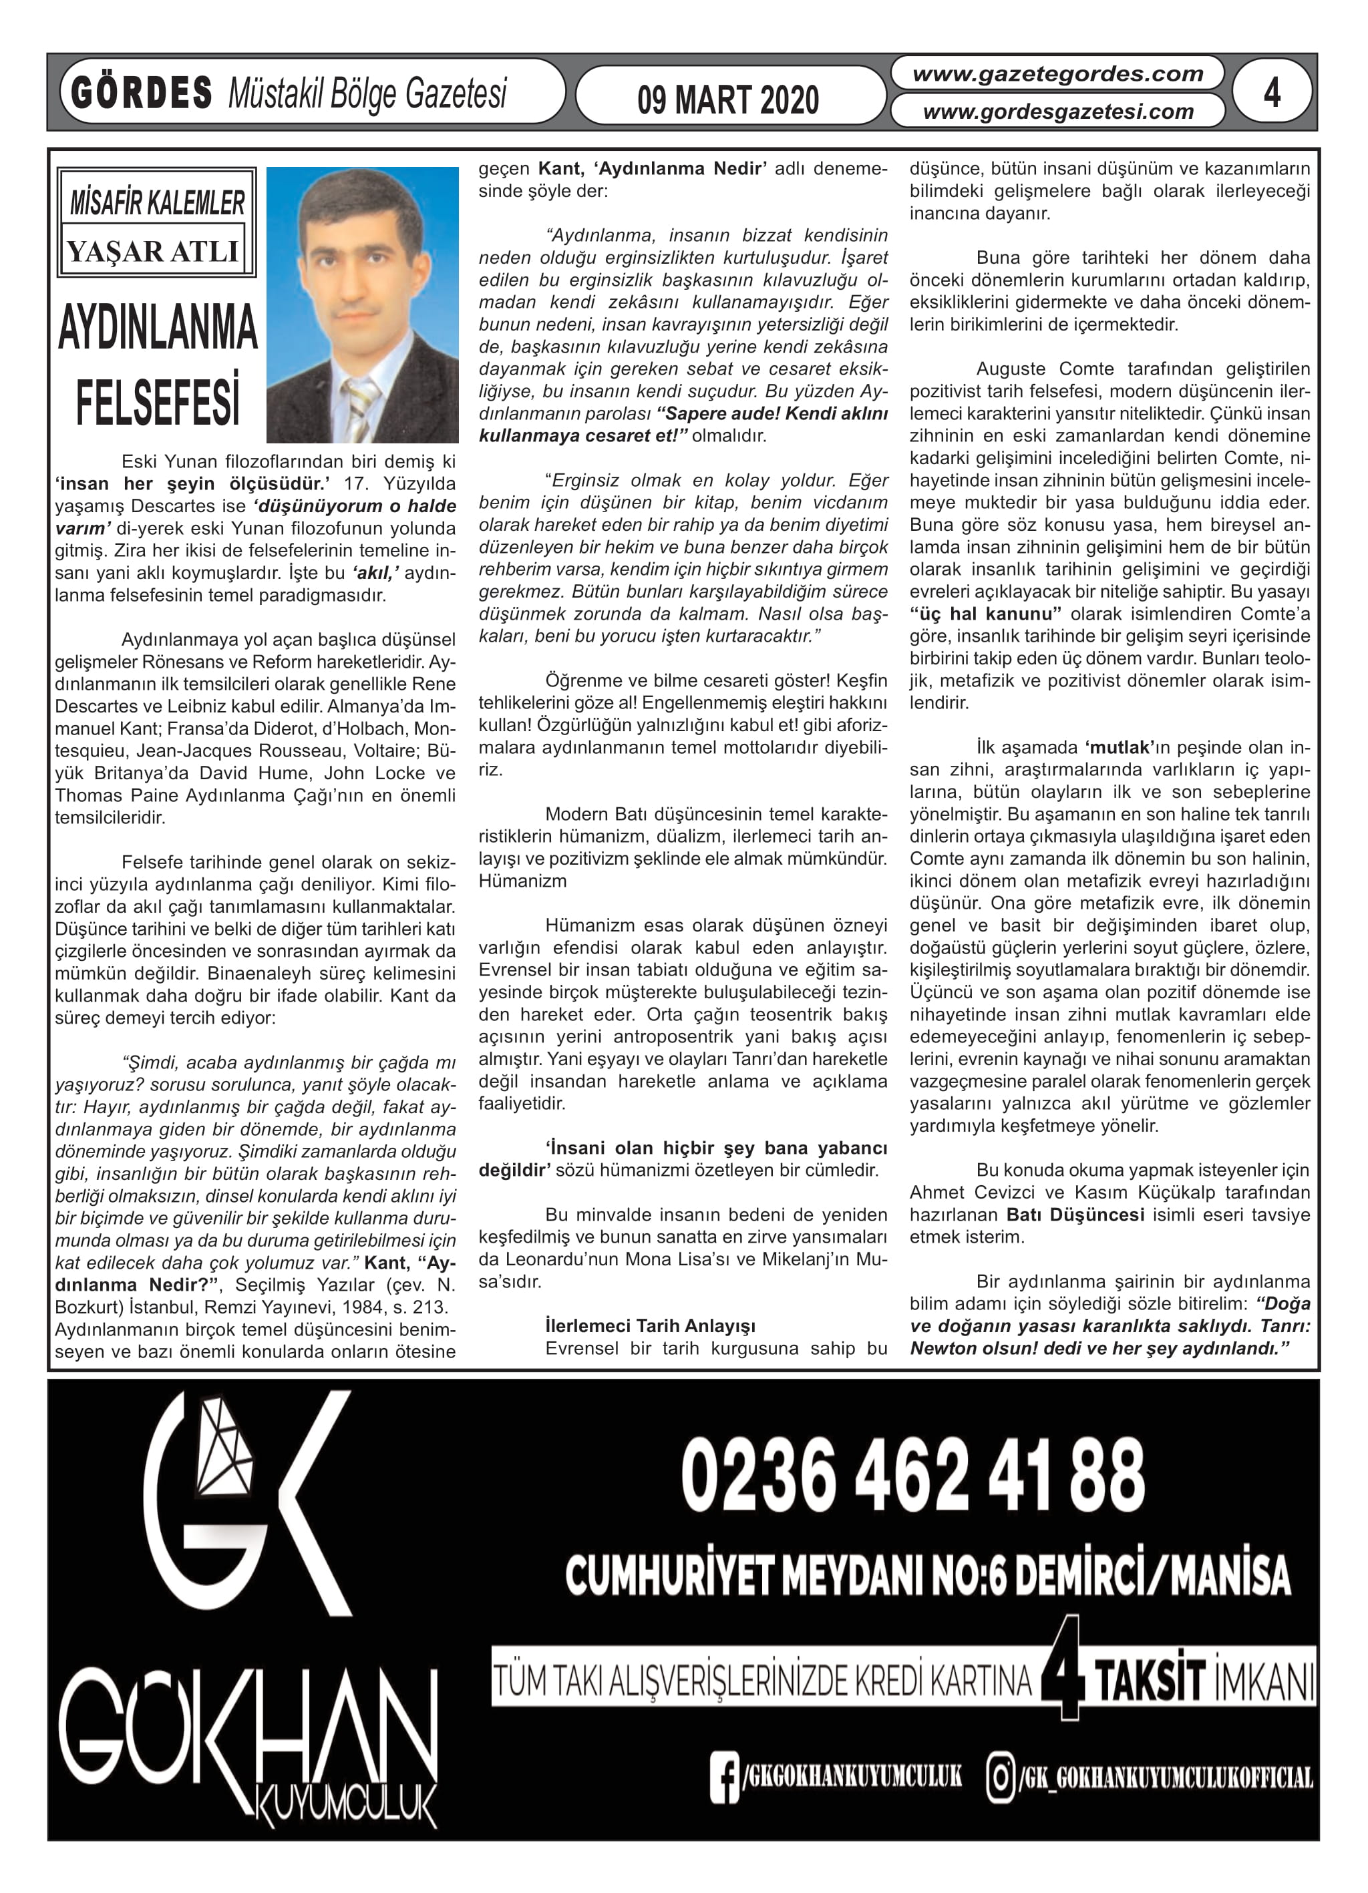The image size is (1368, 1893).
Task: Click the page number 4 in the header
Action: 1271,92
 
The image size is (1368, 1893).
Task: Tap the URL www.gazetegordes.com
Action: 1057,74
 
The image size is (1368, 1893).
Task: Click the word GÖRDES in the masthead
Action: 142,93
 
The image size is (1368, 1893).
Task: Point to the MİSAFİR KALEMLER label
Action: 157,203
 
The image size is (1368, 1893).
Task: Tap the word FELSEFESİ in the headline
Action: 158,401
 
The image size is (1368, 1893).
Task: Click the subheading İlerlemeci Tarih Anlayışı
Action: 650,1326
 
